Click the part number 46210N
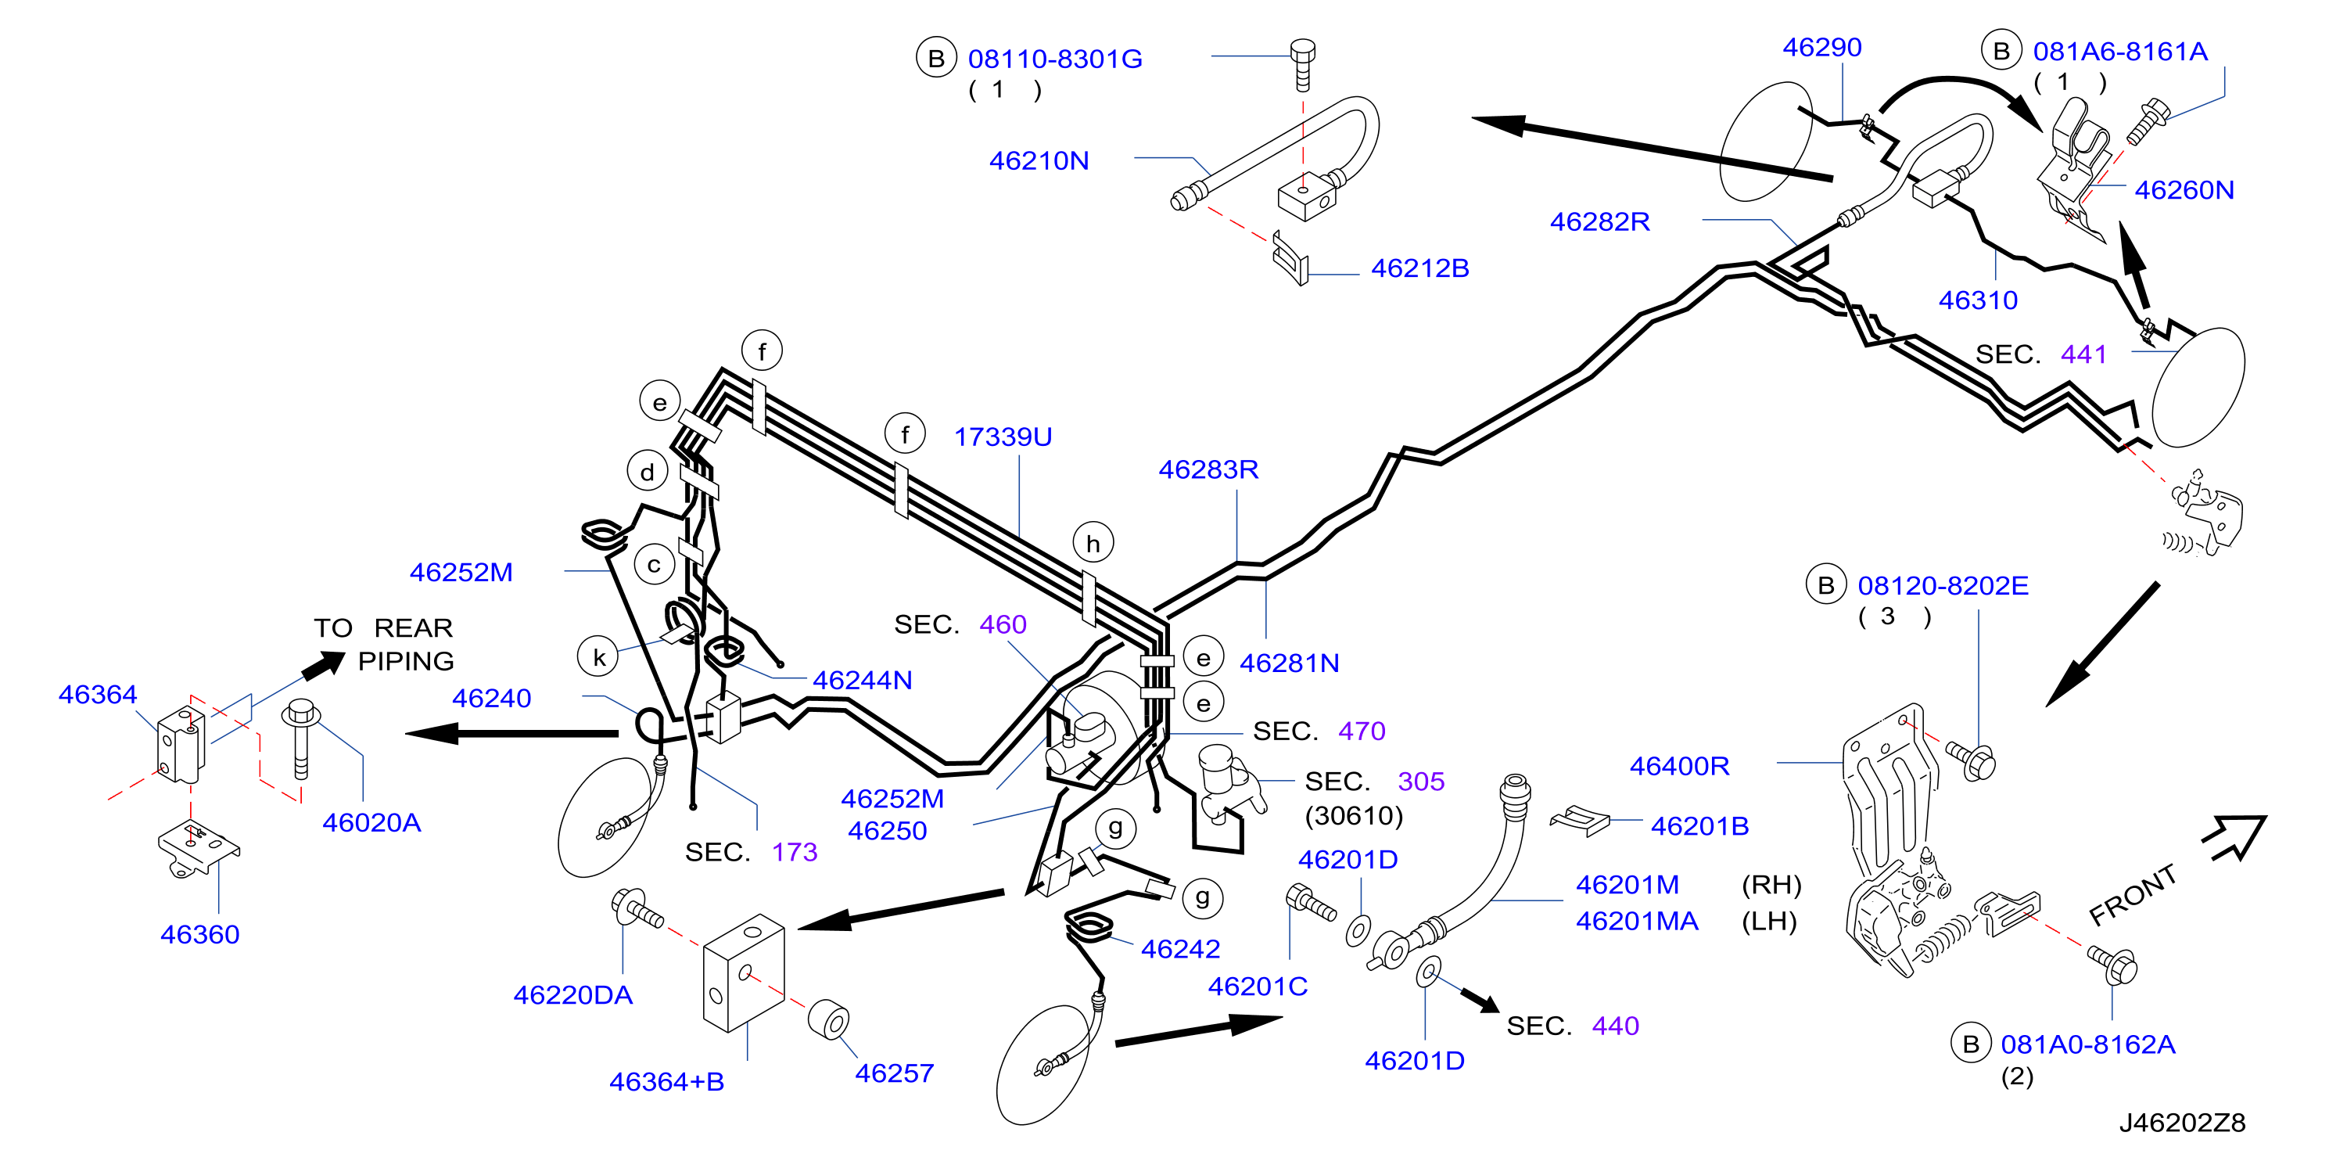coord(1039,161)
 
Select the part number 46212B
coord(1419,269)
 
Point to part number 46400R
coord(1679,767)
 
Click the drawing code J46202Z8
coord(2182,1123)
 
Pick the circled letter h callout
coord(1093,543)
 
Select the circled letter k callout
coord(598,657)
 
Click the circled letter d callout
coord(648,472)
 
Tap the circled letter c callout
coord(654,565)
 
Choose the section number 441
coord(2083,354)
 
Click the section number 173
coord(795,852)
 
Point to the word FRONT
coord(2133,894)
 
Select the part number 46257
coord(894,1073)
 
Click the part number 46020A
coord(371,823)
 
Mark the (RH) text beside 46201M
coord(1771,885)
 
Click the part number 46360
coord(199,935)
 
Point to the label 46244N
coord(862,681)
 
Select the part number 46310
coord(1978,300)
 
